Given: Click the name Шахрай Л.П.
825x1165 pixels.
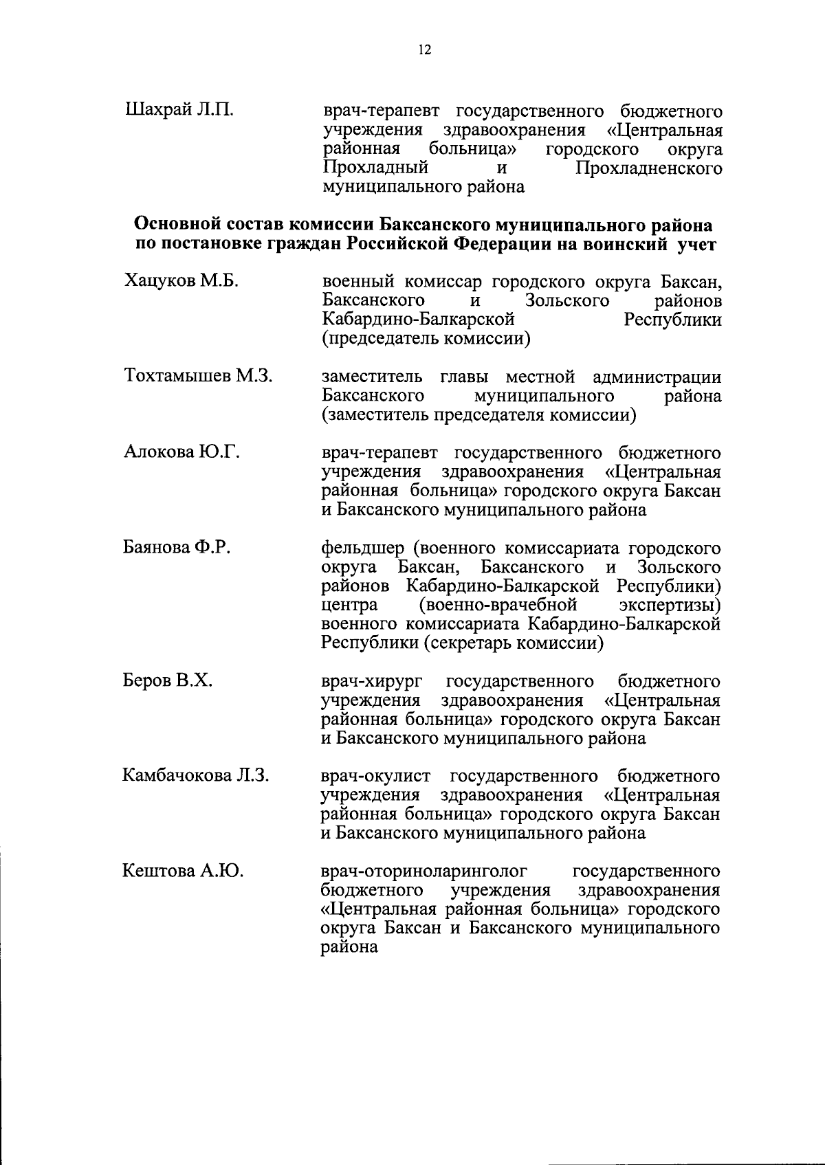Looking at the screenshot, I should coord(179,110).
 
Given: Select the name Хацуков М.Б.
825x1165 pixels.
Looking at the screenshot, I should coord(181,281).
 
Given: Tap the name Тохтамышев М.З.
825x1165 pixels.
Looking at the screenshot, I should coord(199,376).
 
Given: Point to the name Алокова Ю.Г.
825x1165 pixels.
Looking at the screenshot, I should coord(181,452).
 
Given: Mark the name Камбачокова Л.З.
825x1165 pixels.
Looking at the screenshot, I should coord(196,775).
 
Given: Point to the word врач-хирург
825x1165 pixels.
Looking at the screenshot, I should coord(371,682).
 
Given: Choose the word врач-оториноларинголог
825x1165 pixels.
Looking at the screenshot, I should coord(424,872).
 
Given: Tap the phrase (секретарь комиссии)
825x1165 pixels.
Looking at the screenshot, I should coord(463,643).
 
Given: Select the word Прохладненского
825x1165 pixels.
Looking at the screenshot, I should coord(648,168).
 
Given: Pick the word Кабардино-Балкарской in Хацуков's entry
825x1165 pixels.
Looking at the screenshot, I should coord(419,320).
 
